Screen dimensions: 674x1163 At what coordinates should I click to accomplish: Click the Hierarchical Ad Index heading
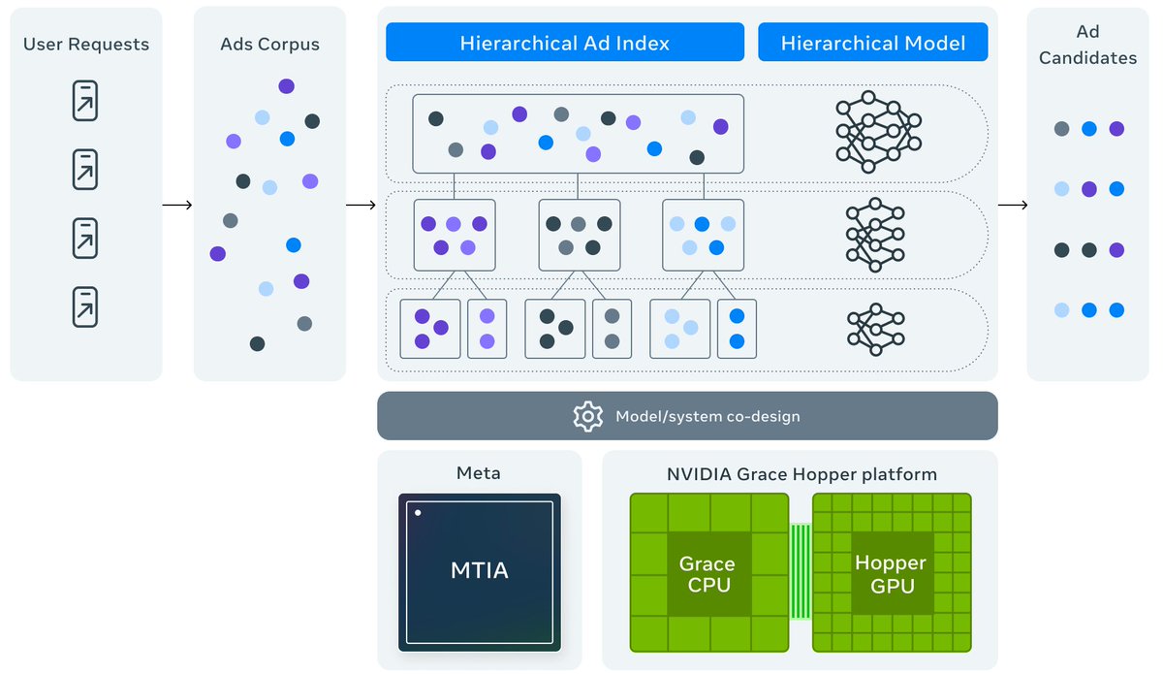[x=564, y=43]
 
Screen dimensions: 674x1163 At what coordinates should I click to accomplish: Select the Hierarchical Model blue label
[x=872, y=43]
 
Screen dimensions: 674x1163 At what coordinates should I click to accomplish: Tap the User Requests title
[x=86, y=44]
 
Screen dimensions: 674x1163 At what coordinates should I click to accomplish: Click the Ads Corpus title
[x=269, y=44]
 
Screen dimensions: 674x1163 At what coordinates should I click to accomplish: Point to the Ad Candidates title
[x=1087, y=46]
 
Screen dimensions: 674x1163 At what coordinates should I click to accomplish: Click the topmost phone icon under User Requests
[x=85, y=101]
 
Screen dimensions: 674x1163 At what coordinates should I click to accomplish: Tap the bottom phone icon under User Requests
[x=85, y=306]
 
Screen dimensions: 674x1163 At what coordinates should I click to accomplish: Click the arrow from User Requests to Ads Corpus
[x=177, y=205]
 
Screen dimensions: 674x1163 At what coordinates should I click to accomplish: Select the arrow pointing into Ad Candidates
[x=1013, y=205]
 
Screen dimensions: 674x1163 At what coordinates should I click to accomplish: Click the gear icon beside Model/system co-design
[x=588, y=416]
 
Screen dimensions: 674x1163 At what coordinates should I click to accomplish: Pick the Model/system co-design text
[x=707, y=416]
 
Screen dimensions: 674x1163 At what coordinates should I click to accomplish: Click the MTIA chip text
[x=479, y=570]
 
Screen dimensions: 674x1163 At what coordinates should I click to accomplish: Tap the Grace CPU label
[x=707, y=574]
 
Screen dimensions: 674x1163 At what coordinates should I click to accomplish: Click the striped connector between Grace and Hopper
[x=801, y=572]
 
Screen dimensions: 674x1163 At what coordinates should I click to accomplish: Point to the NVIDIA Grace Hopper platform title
[x=802, y=474]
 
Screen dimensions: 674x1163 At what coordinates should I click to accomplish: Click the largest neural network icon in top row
[x=878, y=131]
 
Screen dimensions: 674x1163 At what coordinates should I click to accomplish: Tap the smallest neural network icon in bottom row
[x=875, y=328]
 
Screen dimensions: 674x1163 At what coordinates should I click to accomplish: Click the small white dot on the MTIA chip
[x=418, y=512]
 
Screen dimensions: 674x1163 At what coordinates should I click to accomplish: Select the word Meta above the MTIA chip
[x=479, y=474]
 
